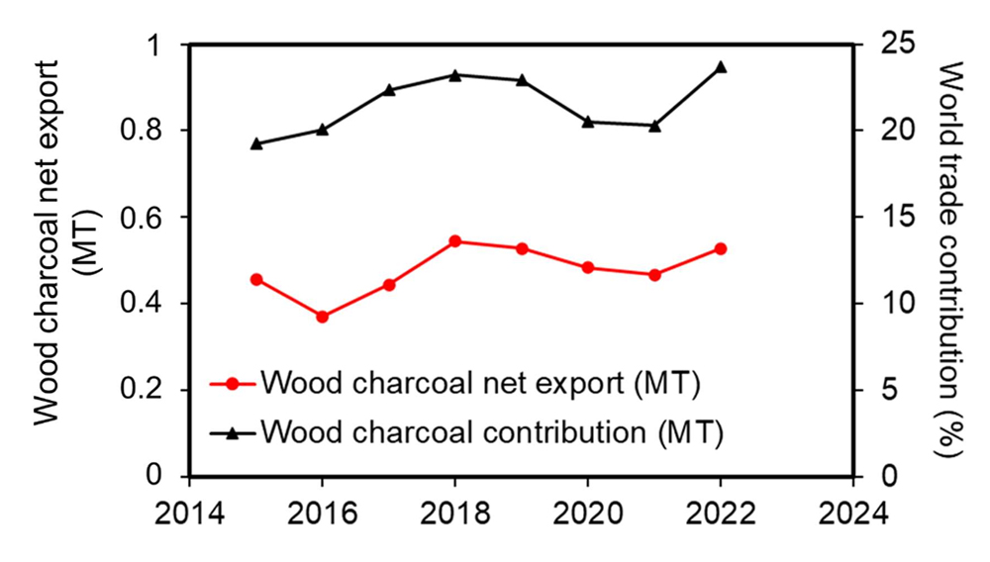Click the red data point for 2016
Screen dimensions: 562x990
322,317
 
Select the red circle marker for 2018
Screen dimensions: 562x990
454,241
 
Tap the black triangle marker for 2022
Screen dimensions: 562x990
721,67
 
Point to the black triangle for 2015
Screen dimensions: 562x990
256,143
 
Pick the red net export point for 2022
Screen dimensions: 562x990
721,248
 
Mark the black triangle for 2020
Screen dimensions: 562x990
588,122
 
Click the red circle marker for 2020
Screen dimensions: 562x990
588,267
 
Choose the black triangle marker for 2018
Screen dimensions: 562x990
454,75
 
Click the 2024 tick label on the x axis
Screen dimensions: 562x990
852,515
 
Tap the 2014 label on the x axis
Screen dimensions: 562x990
189,515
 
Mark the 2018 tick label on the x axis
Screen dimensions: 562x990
454,515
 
